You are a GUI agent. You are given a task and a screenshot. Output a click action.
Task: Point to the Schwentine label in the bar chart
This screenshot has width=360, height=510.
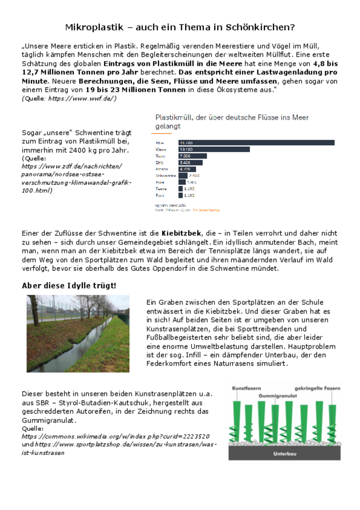point(166,176)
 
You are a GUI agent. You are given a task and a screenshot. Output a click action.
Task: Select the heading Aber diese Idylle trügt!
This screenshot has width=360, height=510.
point(69,286)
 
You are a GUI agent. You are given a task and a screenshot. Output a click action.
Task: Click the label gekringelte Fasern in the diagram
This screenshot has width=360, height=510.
point(317,389)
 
